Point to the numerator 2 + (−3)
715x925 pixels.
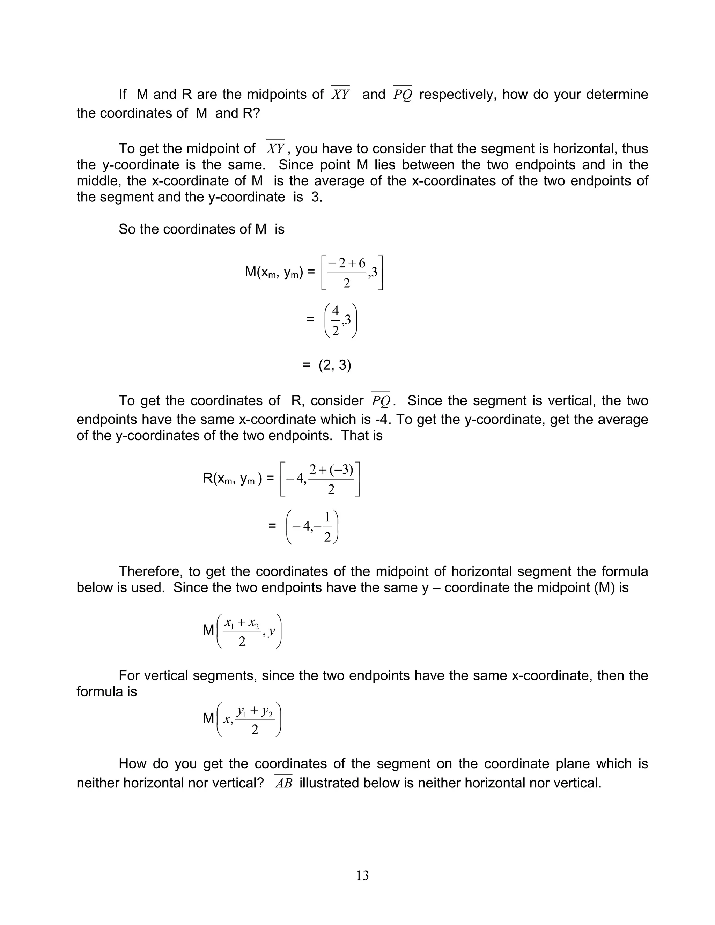tap(331, 469)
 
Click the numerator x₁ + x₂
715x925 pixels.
tap(242, 623)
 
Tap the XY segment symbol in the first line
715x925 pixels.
tap(340, 94)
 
